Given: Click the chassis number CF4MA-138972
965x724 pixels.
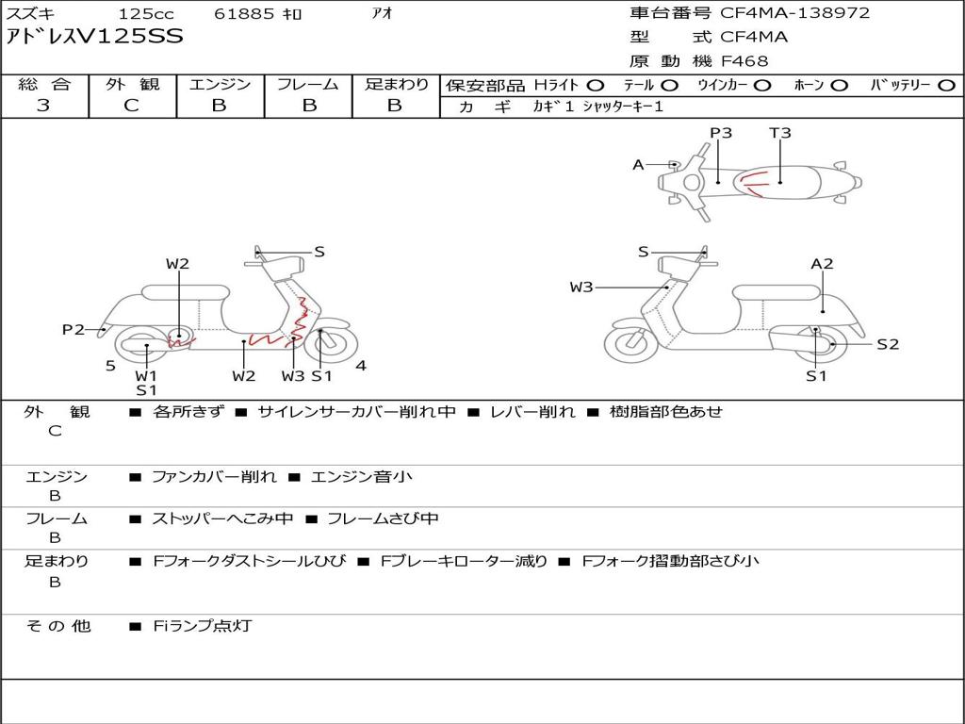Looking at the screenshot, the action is point(795,13).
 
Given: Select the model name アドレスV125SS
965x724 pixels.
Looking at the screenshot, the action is point(95,37).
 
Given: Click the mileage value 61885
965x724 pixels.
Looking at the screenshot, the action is point(244,13).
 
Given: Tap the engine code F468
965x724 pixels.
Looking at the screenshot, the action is point(744,61).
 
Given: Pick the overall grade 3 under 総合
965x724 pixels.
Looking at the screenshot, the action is point(43,106).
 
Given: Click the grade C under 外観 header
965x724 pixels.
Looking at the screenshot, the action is point(132,106).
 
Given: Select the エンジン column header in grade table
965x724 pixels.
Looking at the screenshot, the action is point(220,84).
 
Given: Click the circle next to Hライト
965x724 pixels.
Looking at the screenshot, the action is point(596,86).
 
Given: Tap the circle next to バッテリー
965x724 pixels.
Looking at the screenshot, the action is point(946,86).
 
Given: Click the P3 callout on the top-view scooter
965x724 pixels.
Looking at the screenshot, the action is point(721,133).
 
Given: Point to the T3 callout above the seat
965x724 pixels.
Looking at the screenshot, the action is point(779,133).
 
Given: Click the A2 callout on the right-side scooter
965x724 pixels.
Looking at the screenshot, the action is point(822,264).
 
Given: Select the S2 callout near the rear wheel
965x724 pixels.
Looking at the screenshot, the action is point(888,344).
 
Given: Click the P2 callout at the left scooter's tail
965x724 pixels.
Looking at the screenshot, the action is point(74,329).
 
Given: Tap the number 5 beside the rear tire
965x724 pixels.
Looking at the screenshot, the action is point(111,366).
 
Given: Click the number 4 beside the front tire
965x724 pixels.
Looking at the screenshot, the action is point(361,366).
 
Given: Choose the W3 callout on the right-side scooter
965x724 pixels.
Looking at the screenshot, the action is point(581,287).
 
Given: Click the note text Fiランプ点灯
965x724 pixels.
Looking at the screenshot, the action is point(203,626).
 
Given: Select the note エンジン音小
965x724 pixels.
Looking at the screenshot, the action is point(361,476).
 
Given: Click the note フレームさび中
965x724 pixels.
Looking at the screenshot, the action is point(383,518).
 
